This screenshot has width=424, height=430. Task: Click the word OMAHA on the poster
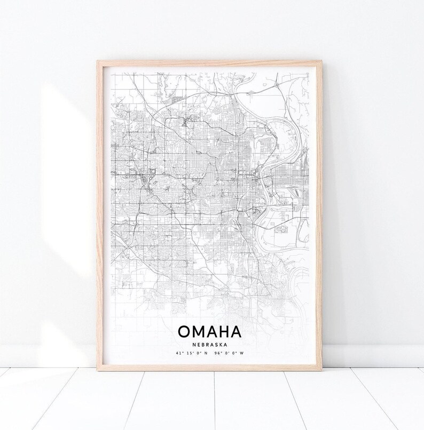(210, 331)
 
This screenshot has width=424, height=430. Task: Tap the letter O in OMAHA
(184, 331)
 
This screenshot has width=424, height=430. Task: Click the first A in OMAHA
(210, 331)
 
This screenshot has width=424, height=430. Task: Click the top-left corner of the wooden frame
(98, 61)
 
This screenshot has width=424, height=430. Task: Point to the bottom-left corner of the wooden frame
(98, 369)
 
